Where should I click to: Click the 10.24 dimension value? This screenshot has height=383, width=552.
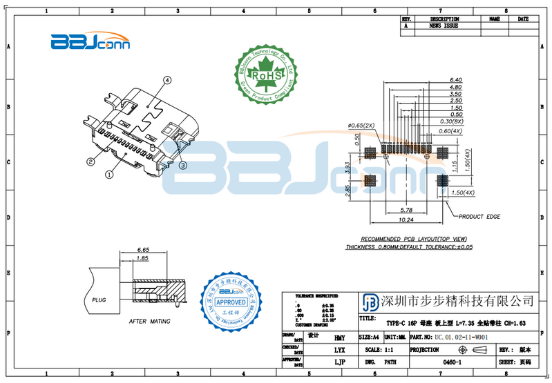click(x=406, y=220)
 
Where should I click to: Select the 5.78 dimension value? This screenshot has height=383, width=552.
click(x=406, y=210)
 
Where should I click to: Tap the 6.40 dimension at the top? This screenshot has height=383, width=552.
click(x=455, y=79)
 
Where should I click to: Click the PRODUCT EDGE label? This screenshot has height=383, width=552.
click(x=479, y=216)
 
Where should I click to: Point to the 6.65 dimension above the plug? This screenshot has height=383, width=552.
click(x=144, y=249)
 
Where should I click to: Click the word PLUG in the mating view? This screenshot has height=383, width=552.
click(x=100, y=300)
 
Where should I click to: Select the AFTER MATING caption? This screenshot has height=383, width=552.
click(x=149, y=322)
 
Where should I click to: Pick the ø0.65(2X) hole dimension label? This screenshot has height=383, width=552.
click(x=361, y=125)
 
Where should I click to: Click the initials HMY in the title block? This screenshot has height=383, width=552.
click(x=339, y=338)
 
